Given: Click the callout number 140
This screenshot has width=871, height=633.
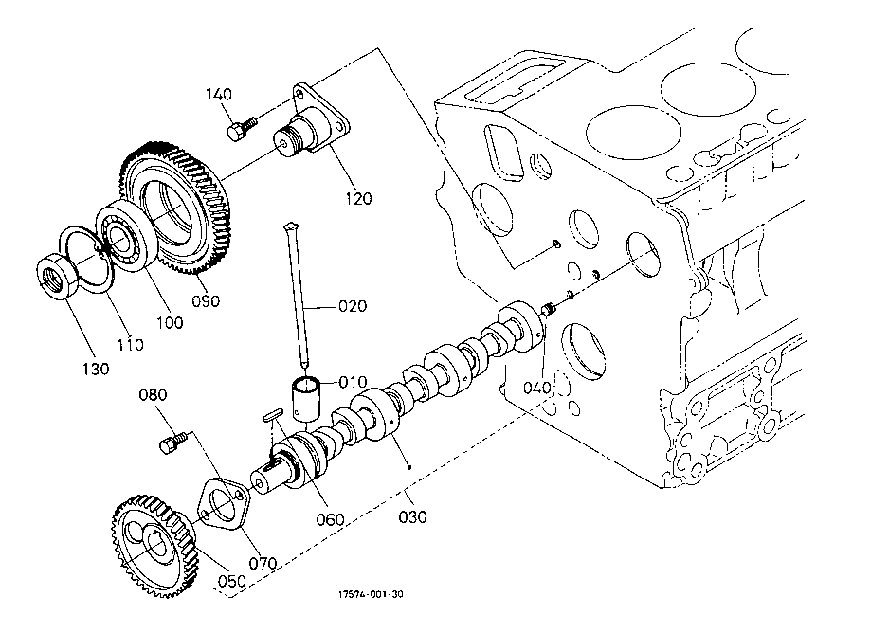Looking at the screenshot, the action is [218, 95].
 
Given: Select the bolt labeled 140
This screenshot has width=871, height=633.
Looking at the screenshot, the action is [242, 128].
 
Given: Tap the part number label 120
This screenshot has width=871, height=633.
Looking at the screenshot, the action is [358, 198].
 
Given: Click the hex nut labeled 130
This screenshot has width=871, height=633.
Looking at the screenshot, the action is [58, 274].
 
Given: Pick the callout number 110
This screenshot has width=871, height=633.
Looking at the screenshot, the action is [130, 344].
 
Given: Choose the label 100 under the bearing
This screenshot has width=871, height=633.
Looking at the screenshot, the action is [170, 322].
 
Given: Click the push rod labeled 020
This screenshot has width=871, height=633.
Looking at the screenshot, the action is [297, 295].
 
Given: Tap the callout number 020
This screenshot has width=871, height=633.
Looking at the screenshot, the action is [353, 306].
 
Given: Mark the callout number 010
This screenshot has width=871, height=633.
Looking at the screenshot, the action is [353, 382].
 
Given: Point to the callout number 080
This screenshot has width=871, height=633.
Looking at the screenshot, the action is [153, 395].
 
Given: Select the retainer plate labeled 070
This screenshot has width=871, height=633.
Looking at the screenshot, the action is [225, 503].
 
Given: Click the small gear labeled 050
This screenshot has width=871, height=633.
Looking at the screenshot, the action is [154, 546].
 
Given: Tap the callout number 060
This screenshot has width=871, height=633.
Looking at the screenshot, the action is [331, 519].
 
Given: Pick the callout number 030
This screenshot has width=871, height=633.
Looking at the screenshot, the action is [412, 517].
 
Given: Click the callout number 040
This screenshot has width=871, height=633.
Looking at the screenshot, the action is [537, 387].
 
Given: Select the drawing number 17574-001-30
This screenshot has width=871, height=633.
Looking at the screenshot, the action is [372, 594].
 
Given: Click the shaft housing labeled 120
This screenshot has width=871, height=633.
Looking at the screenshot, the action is [311, 125].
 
